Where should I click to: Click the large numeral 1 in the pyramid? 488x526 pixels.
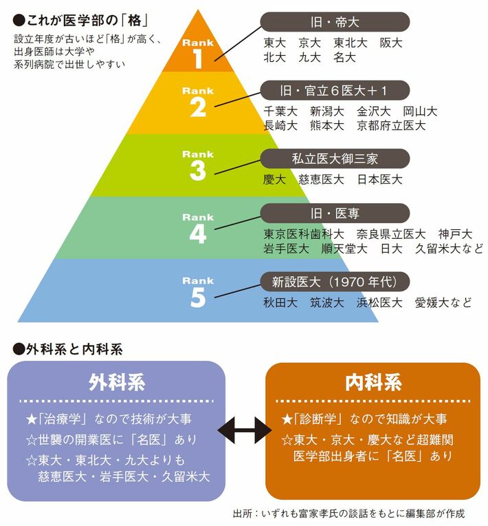198,59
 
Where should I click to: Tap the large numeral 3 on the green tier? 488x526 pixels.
198,171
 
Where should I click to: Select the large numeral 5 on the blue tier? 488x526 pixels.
198,297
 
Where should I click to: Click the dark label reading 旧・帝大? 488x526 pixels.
335,22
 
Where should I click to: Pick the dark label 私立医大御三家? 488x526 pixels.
335,158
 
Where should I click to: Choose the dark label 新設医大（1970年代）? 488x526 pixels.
335,282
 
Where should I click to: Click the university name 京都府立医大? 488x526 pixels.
391,126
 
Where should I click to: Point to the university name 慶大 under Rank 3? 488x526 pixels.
274,180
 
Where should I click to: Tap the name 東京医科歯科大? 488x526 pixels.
303,234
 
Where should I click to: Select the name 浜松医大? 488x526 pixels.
379,302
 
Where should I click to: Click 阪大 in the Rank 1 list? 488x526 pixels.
391,43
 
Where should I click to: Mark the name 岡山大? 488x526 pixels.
420,111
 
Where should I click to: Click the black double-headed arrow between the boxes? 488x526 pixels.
245,430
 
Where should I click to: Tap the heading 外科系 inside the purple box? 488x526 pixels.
117,382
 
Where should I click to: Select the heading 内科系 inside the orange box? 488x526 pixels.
373,382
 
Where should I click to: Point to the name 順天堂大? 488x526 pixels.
344,249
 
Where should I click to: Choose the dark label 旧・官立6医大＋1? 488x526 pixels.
335,91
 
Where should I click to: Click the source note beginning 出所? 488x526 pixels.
348,513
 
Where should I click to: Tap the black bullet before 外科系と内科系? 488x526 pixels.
19,350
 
